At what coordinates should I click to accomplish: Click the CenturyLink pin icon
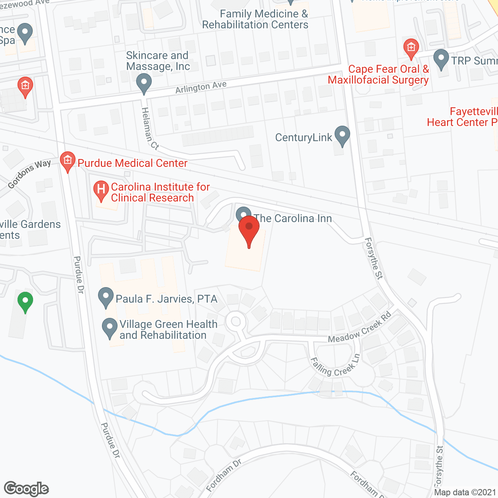tap(342, 136)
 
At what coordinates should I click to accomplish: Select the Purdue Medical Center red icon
tap(67, 161)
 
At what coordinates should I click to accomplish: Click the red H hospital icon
tap(101, 191)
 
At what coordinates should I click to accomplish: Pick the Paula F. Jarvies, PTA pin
tap(105, 298)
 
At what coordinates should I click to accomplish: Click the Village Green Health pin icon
tap(109, 328)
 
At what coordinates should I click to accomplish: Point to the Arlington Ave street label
tap(201, 87)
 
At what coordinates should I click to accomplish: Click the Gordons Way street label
tap(29, 174)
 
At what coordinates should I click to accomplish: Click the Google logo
tap(26, 488)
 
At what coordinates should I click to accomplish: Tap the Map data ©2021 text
tap(465, 492)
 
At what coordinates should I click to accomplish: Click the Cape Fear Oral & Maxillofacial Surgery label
tap(379, 74)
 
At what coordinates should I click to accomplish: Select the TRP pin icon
tap(441, 59)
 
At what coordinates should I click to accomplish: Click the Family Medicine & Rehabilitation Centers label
tap(256, 19)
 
